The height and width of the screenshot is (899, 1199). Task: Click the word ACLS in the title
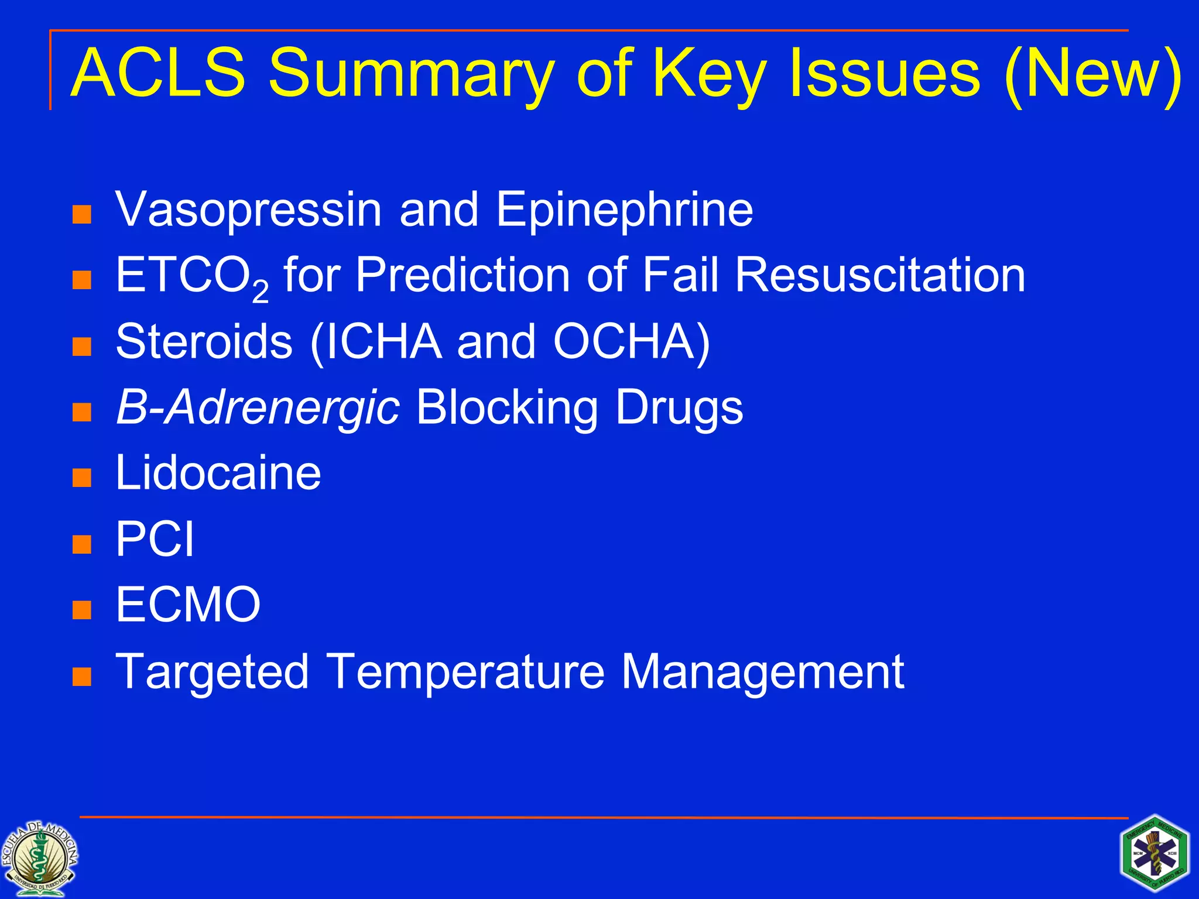click(x=158, y=73)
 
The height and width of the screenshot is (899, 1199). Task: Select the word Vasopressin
click(x=249, y=210)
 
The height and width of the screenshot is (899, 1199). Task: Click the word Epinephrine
click(x=624, y=210)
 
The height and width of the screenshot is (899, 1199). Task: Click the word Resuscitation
click(x=880, y=275)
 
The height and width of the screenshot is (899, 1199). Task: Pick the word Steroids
click(x=204, y=341)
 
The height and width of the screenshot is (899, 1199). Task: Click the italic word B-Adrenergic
click(x=258, y=408)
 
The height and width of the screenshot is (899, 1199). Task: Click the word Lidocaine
click(x=218, y=473)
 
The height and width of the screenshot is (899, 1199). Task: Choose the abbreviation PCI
click(x=155, y=539)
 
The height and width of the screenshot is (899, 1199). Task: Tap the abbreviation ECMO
click(x=188, y=605)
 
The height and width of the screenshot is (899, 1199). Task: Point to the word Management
click(x=762, y=671)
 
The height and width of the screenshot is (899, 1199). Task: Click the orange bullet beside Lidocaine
click(x=82, y=478)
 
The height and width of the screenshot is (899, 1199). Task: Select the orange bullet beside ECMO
click(x=82, y=610)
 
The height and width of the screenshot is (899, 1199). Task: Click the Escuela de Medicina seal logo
click(x=39, y=858)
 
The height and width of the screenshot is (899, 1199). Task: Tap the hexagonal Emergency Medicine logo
click(x=1155, y=853)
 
